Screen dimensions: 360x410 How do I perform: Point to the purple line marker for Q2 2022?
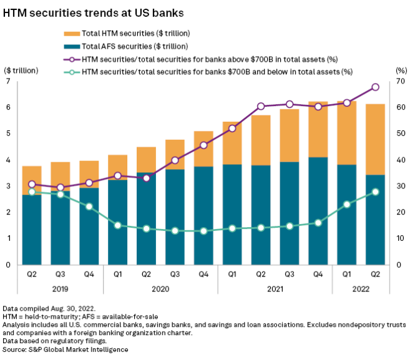coord(376,87)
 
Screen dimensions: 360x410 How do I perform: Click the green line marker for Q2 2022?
coord(376,192)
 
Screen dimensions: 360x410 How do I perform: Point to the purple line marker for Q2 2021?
coord(261,106)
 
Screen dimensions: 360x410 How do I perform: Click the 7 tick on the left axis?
coord(8,81)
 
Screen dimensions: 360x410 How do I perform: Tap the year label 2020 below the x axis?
coord(161,289)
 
